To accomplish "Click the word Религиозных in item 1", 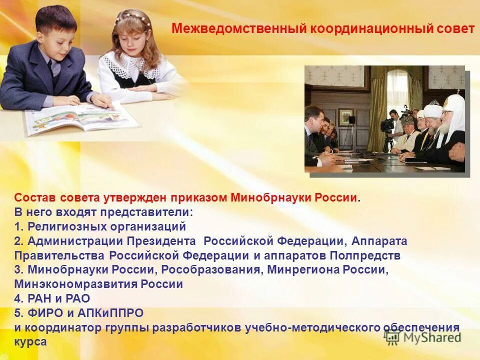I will (x=61, y=226).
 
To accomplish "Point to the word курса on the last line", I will (x=30, y=342).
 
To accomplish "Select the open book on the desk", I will (x=80, y=117).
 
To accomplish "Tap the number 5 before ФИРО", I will (x=17, y=313).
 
